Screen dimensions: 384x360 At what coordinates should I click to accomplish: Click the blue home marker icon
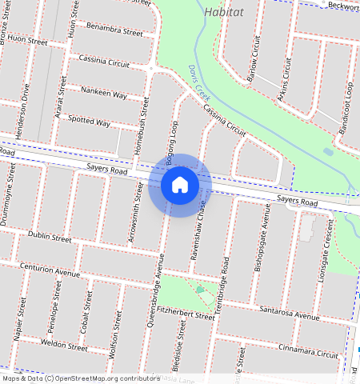pos(180,185)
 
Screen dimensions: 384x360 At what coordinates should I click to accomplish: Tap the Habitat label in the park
pos(226,13)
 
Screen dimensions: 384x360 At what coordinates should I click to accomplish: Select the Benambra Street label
pos(114,30)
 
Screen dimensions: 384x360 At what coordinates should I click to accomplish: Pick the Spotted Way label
pos(90,122)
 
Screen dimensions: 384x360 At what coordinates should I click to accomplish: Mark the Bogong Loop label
pos(170,143)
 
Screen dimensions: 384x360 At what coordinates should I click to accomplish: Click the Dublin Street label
pos(50,236)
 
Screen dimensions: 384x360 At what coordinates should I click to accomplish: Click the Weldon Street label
pos(63,346)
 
